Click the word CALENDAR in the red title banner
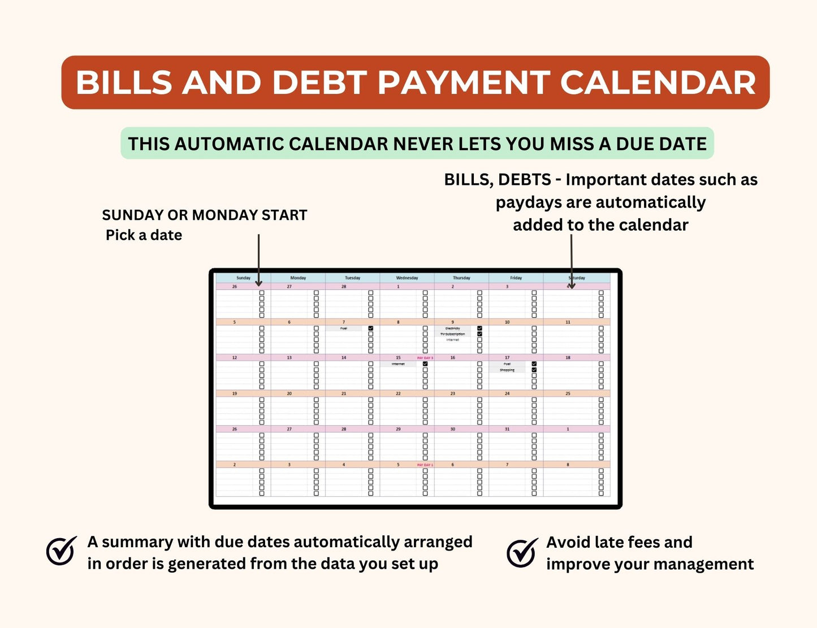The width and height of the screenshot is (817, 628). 658,83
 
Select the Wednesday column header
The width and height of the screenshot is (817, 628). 407,278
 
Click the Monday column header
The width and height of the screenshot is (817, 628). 298,278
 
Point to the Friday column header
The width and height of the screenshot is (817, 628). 516,278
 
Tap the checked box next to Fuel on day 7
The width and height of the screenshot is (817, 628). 371,328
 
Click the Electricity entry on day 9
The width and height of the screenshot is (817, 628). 453,328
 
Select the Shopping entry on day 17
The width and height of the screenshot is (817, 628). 507,370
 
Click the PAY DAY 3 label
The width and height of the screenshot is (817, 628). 425,358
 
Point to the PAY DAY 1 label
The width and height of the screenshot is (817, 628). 425,465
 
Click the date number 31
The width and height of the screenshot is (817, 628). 507,429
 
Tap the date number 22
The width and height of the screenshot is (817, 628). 398,393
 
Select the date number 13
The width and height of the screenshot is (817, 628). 289,358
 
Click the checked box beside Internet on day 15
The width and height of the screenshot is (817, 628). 425,364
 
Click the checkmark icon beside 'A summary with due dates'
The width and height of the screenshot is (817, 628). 61,551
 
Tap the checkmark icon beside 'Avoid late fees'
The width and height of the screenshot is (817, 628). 522,552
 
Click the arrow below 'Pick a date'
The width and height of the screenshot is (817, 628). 258,260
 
